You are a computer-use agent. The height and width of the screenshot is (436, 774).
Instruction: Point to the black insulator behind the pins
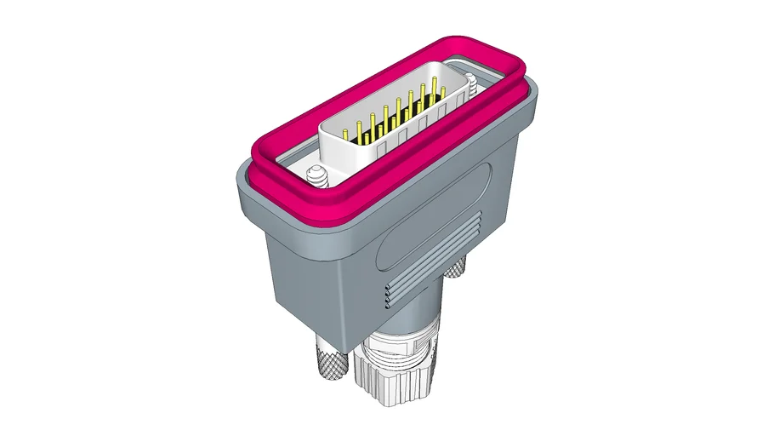pos(400,123)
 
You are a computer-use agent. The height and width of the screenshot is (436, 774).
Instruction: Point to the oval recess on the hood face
pos(434,213)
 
